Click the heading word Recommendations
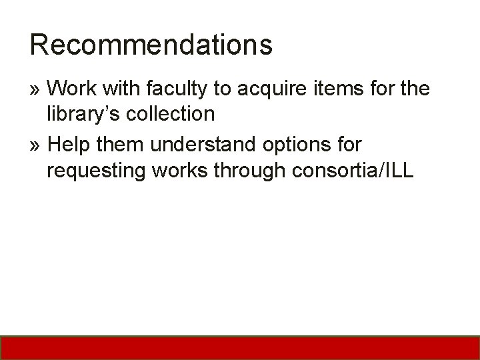(x=151, y=45)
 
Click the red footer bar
(x=240, y=347)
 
